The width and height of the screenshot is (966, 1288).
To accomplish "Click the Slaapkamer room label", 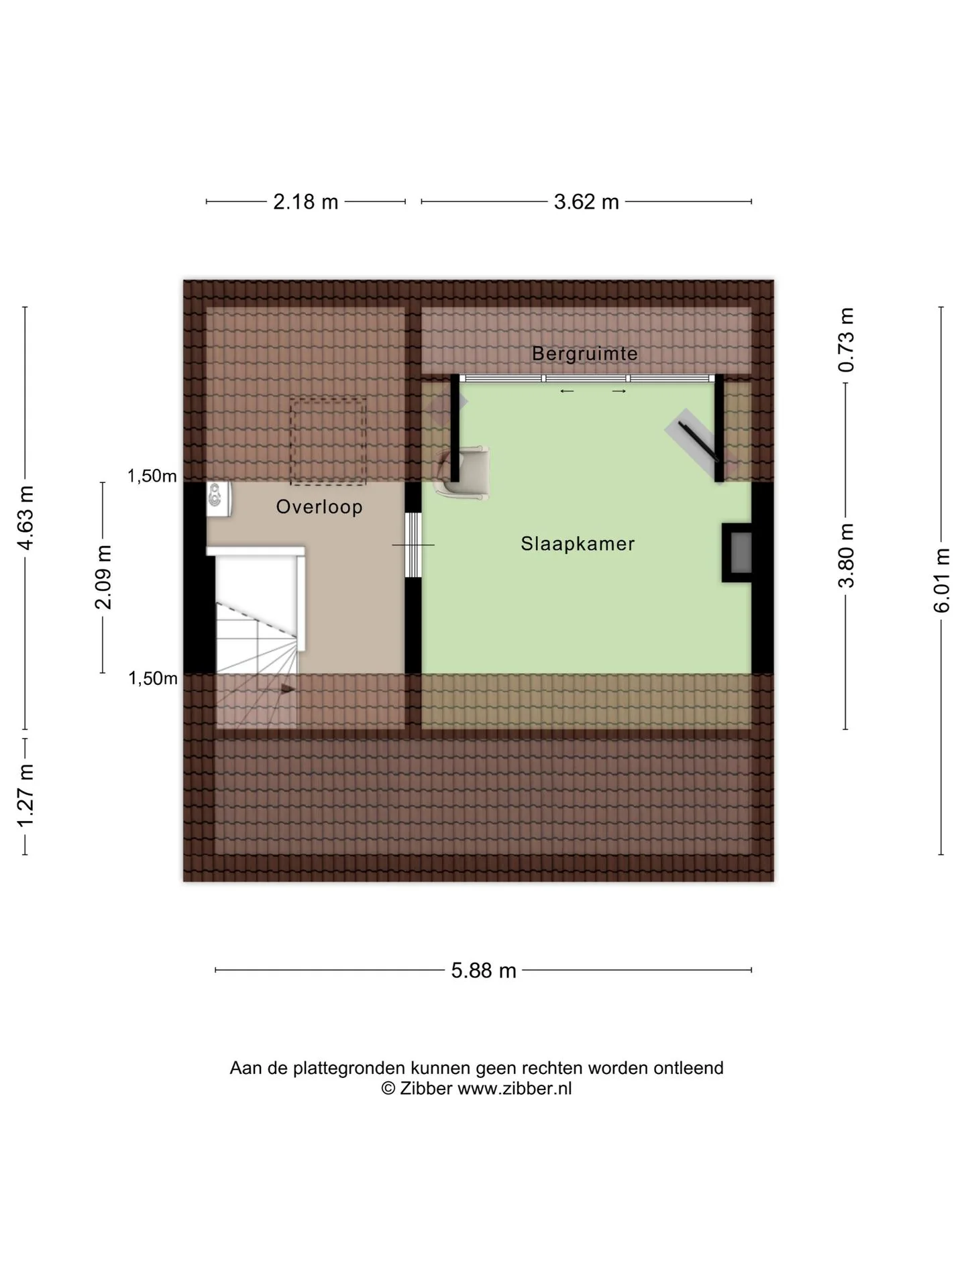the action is coord(578,543).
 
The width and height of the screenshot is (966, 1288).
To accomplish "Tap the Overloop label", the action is coord(319,506).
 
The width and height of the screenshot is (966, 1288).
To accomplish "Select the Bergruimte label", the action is coord(585,353).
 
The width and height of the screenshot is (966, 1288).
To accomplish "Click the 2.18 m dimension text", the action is coord(306,201).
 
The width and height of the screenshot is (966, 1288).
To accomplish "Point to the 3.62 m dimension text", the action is coord(586,201).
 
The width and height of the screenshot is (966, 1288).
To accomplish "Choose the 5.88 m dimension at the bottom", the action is coord(484,970).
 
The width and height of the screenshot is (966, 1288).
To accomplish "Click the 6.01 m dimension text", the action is coord(942,580).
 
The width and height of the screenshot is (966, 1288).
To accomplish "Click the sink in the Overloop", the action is coord(219,500).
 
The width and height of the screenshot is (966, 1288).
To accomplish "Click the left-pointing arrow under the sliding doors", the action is coord(567,392).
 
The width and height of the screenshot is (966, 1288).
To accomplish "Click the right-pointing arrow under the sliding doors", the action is coord(619,392).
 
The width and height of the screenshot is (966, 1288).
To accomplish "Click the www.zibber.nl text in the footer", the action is coord(515,1088).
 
